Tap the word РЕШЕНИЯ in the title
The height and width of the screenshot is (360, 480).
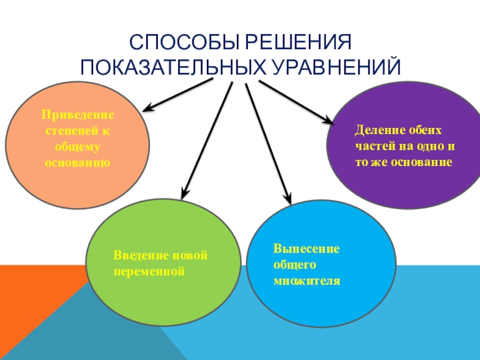point(295,44)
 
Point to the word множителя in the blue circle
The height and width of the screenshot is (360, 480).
point(306,280)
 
